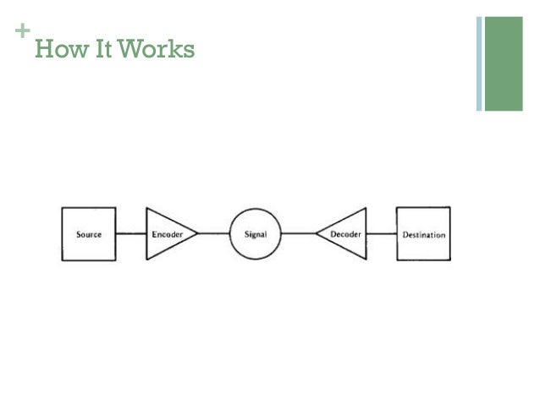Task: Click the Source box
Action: [89, 233]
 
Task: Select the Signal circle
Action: [256, 233]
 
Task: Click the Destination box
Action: [423, 233]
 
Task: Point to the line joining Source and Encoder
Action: [131, 233]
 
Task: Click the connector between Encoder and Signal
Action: [214, 233]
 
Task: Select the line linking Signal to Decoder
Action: [298, 233]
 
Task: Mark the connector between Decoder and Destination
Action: [382, 233]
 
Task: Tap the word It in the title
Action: [102, 51]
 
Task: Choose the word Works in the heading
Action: [157, 51]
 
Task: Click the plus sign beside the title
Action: [22, 32]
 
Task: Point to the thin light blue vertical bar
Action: [479, 63]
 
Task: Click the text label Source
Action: [89, 234]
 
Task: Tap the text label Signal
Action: [256, 234]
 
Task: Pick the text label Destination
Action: [423, 234]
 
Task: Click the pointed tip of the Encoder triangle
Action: [197, 233]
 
